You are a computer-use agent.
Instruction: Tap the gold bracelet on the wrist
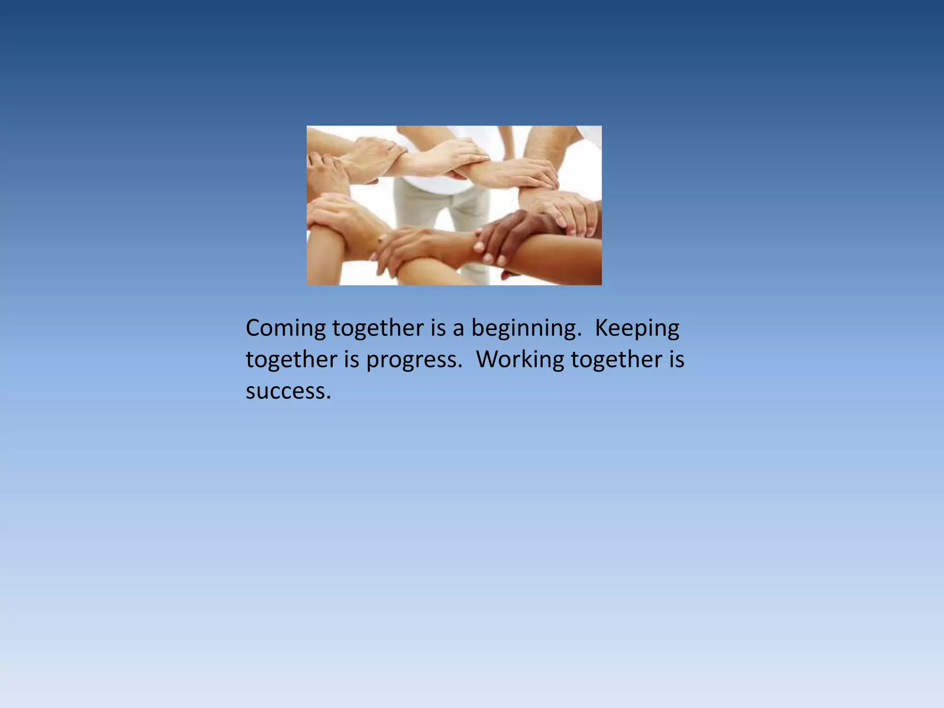pos(381,240)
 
